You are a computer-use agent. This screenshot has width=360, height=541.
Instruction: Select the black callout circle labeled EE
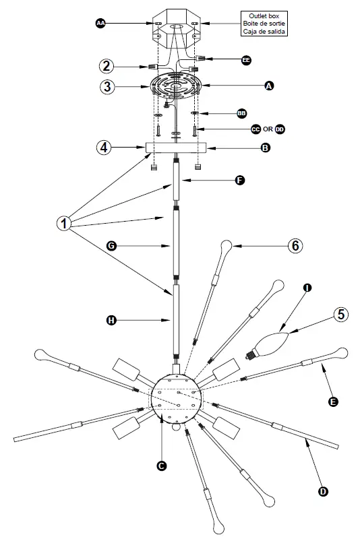[x=246, y=60]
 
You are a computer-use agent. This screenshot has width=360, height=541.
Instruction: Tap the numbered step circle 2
[x=107, y=66]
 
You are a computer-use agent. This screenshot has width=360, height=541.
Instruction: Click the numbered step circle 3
[x=107, y=86]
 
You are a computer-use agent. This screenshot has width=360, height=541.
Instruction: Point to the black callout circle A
[x=269, y=86]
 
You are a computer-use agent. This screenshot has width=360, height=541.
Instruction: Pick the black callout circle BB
[x=241, y=113]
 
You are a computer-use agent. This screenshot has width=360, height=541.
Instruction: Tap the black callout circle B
[x=266, y=147]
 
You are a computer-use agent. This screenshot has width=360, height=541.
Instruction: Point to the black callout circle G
[x=113, y=247]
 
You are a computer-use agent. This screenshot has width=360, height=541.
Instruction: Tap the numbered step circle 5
[x=341, y=315]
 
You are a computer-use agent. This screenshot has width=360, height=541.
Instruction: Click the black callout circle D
[x=323, y=491]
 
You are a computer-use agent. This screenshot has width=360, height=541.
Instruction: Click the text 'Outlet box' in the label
[x=264, y=15]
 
